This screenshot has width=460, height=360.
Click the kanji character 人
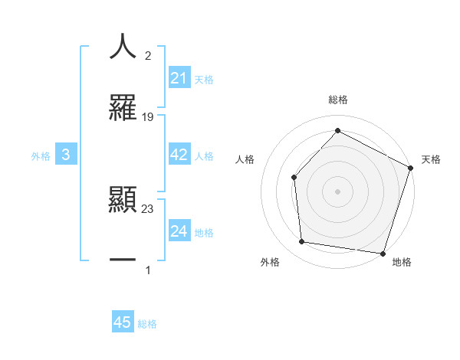(123, 46)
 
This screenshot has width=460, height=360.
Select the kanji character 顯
(123, 201)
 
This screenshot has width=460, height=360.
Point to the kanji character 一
(123, 260)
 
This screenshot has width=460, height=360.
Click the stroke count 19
(148, 117)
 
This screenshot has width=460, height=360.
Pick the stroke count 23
(148, 209)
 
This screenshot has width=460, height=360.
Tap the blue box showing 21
(179, 78)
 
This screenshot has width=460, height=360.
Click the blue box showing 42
(179, 155)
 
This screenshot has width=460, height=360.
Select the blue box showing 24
(179, 231)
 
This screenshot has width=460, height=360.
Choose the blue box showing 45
(123, 322)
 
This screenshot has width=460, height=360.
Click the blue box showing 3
(65, 155)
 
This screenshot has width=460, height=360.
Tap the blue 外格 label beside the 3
(41, 155)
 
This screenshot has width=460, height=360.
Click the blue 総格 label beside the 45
(147, 323)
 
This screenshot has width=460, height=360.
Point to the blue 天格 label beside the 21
(204, 79)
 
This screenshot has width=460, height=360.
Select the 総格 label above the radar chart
(337, 100)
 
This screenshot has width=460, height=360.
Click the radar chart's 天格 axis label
(431, 159)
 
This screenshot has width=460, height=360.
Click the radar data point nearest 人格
(294, 178)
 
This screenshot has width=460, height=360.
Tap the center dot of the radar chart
(337, 191)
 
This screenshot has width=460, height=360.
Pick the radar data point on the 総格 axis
(337, 130)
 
